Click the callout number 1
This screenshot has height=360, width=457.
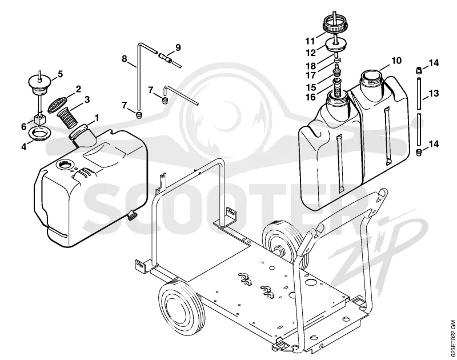97,118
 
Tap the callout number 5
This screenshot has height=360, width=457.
61,74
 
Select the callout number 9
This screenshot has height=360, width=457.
178,47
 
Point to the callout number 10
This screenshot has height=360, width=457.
396,61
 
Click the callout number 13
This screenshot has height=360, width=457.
434,93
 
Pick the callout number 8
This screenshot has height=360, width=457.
125,59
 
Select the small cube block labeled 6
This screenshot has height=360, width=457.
39,119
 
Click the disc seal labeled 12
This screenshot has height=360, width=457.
335,46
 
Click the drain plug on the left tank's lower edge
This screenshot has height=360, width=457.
132,215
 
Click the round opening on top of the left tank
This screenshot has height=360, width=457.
65,165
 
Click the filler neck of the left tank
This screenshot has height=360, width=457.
82,134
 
